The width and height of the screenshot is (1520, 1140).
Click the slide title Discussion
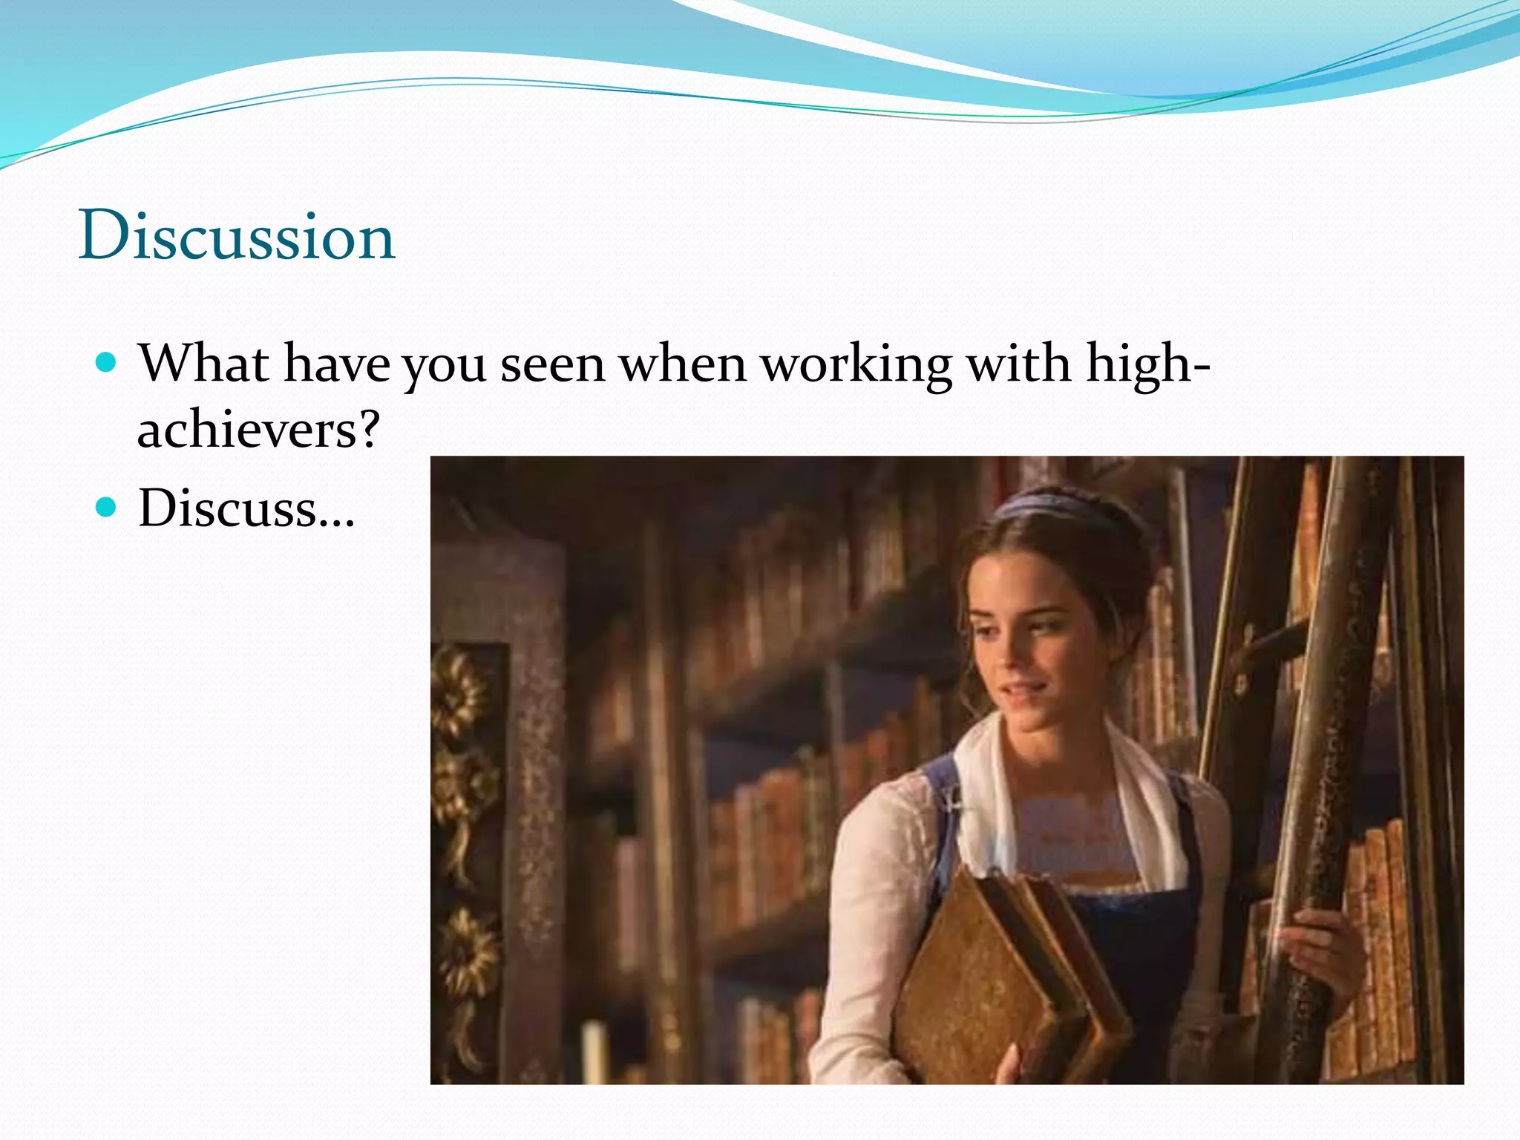(x=236, y=236)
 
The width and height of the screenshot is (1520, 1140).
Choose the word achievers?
(x=258, y=430)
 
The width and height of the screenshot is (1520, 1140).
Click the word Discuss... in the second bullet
(x=246, y=508)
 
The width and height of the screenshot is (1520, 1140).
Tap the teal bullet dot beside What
(x=107, y=362)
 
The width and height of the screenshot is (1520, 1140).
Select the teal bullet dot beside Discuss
(x=107, y=508)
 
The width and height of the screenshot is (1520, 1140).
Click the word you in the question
(x=444, y=367)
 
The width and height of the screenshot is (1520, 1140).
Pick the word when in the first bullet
(x=683, y=365)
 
